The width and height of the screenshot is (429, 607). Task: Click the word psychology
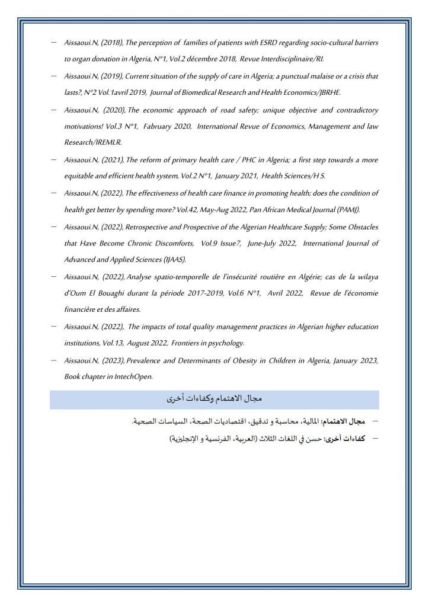point(227,343)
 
